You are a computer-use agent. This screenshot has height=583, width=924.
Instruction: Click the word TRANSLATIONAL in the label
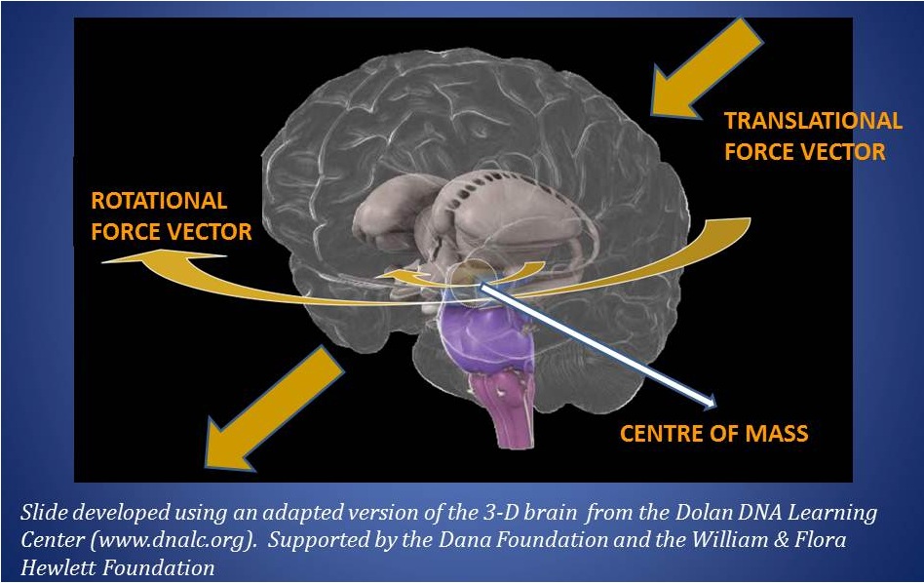(813, 121)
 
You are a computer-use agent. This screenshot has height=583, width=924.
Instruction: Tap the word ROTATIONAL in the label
(159, 201)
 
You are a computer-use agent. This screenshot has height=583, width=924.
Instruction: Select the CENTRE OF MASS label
(713, 434)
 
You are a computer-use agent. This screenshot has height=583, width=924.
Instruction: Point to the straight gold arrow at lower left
(274, 408)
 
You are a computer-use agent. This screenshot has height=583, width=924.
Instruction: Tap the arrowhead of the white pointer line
(711, 403)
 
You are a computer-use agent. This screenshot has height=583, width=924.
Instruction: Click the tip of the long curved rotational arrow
(102, 261)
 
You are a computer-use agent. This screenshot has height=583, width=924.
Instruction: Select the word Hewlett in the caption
(58, 567)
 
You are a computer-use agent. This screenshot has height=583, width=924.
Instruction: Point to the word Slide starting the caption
(41, 512)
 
